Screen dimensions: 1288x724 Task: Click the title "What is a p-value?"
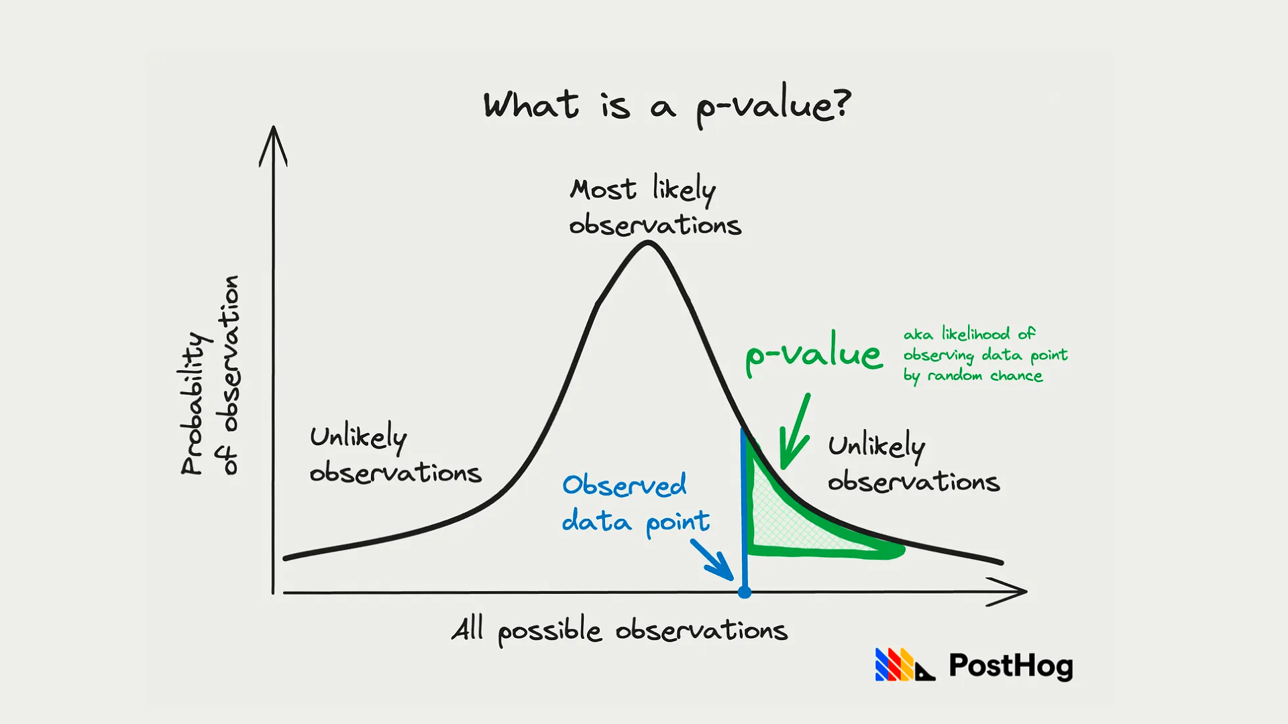[x=667, y=107]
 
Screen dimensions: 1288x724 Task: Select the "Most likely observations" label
[x=655, y=205]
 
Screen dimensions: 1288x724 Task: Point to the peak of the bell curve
[x=648, y=243]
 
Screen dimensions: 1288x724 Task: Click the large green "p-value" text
[x=814, y=353]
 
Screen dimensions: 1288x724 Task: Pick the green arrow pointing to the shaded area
[x=796, y=432]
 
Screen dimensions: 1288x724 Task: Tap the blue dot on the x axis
[x=745, y=592]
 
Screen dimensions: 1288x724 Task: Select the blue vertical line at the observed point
[x=745, y=509]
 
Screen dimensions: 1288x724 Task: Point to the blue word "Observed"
[x=625, y=485]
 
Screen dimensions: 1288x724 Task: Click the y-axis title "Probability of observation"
[x=210, y=375]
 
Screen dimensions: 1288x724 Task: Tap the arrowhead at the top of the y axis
[x=273, y=144]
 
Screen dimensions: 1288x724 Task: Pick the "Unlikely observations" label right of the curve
[x=914, y=463]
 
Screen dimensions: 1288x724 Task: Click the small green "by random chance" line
[x=973, y=376]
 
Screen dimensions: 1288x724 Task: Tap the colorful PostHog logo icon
[x=905, y=664]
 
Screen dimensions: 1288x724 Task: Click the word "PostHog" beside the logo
[x=1011, y=666]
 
